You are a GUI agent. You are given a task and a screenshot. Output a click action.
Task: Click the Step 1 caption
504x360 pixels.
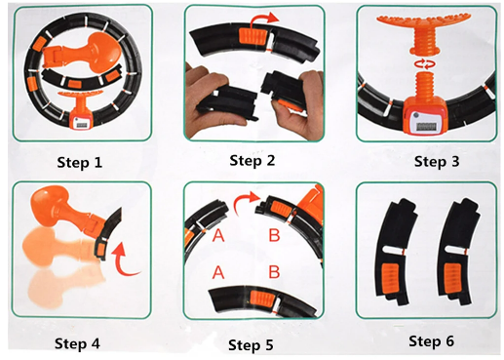coord(80,162)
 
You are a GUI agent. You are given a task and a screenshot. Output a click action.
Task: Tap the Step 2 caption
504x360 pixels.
coord(252,161)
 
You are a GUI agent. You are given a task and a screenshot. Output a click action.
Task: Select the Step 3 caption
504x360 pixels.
coord(437,162)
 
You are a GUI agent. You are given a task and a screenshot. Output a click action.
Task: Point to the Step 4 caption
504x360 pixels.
coord(77,343)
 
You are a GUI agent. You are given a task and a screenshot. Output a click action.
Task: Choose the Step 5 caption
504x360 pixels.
coord(251,345)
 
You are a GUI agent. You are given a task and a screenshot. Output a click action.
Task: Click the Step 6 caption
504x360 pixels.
coord(431,341)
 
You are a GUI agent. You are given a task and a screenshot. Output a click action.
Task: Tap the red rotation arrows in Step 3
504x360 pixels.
coord(424,63)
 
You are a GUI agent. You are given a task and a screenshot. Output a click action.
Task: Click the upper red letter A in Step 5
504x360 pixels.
coord(218,235)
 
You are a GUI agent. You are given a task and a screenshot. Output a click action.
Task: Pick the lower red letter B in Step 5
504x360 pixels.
coord(274,272)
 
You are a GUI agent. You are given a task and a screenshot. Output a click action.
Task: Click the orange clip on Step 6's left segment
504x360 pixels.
coord(390,277)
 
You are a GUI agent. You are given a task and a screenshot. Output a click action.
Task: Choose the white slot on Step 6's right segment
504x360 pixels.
coord(455,250)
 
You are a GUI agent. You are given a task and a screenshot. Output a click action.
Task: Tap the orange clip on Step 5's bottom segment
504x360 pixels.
coord(262,299)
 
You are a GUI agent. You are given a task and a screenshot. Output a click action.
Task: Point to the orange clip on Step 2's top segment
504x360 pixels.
coord(252,35)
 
